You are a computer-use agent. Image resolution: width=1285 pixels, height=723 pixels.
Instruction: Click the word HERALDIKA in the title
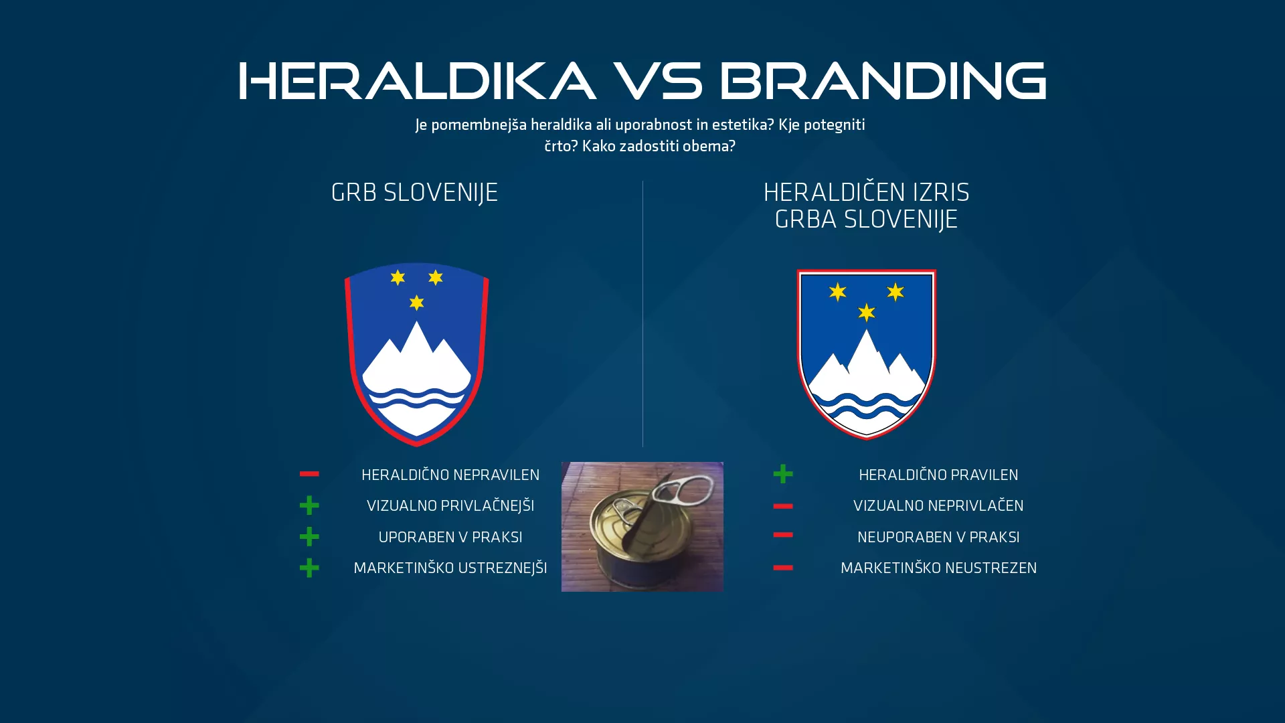click(x=416, y=81)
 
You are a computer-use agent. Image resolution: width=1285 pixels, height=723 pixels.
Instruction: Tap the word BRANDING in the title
click(x=882, y=81)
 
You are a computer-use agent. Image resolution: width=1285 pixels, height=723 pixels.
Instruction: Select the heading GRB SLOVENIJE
click(x=414, y=193)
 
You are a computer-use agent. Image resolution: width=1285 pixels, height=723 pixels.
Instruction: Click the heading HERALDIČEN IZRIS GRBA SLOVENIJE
click(x=866, y=206)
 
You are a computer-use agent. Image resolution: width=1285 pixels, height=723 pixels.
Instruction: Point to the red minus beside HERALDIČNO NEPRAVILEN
click(x=309, y=474)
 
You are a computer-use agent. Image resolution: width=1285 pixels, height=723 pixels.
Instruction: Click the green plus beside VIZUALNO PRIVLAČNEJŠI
click(x=309, y=505)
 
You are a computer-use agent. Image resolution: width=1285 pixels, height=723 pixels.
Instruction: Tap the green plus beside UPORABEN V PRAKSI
click(x=309, y=536)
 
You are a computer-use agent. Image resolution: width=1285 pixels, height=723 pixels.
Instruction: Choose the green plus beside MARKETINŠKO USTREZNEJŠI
click(x=309, y=568)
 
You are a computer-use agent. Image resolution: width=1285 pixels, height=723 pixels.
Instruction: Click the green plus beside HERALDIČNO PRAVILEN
click(x=783, y=474)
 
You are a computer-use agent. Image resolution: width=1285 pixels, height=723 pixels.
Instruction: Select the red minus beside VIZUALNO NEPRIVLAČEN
click(x=783, y=506)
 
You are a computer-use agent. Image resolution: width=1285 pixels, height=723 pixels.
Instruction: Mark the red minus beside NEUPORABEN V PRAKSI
click(x=783, y=535)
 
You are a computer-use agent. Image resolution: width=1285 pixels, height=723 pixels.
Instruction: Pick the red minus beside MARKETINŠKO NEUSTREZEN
click(x=783, y=568)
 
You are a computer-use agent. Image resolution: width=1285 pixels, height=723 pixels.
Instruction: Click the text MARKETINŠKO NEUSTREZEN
click(x=938, y=568)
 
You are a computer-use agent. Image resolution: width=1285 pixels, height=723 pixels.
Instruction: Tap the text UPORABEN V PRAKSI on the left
click(x=450, y=537)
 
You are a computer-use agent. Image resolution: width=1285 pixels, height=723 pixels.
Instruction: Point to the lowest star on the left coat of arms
click(x=416, y=303)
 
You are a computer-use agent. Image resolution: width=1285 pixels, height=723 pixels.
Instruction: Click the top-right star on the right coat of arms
click(x=895, y=292)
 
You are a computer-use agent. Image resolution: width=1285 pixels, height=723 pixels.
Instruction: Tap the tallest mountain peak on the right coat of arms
click(x=867, y=334)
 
